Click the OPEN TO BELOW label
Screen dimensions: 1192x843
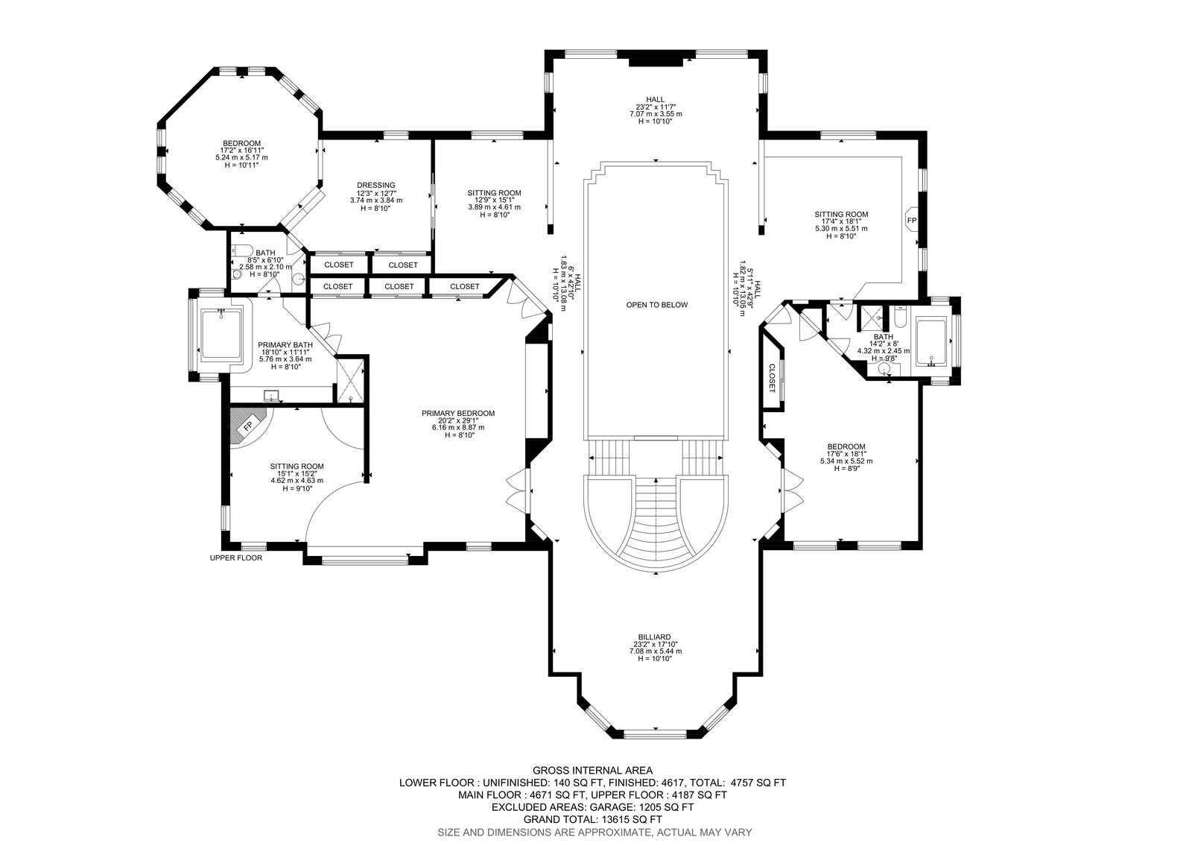click(656, 305)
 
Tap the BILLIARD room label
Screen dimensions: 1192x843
click(655, 637)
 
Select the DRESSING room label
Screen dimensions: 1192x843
click(376, 186)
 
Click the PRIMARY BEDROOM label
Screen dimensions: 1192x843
click(458, 413)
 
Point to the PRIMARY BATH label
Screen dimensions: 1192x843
click(285, 345)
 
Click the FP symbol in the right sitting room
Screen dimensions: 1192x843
click(912, 220)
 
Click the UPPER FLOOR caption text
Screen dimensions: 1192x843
click(236, 558)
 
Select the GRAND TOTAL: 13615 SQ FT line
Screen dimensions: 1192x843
click(593, 820)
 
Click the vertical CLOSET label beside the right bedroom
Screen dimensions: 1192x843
click(772, 378)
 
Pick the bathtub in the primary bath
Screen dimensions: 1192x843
click(221, 335)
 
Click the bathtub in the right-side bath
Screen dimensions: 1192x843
click(931, 341)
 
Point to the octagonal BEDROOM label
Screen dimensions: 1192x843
click(241, 143)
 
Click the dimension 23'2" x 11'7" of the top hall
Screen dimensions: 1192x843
click(656, 107)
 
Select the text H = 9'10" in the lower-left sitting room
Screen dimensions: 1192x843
click(297, 488)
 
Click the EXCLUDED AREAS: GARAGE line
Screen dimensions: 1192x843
click(593, 807)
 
